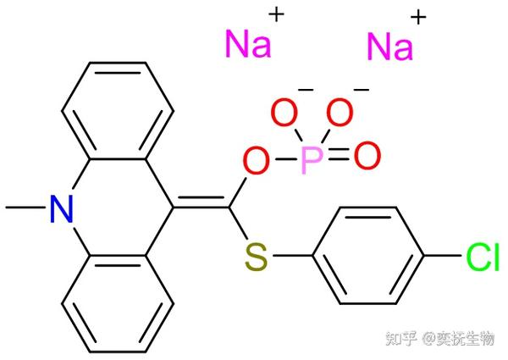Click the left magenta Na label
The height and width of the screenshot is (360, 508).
point(249,44)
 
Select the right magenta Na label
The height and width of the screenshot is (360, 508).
point(391,47)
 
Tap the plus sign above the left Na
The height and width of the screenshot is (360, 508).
point(277,14)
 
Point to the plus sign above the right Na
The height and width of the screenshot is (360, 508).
point(417,17)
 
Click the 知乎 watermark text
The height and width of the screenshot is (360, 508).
point(401,340)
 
